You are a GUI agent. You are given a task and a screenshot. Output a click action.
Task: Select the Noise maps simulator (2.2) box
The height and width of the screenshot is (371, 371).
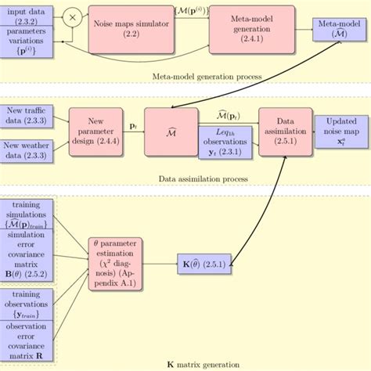(x=131, y=28)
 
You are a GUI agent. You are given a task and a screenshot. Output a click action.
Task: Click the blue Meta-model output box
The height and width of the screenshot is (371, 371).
(x=340, y=28)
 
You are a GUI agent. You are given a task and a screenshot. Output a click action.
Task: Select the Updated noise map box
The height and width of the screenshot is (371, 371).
(x=340, y=129)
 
